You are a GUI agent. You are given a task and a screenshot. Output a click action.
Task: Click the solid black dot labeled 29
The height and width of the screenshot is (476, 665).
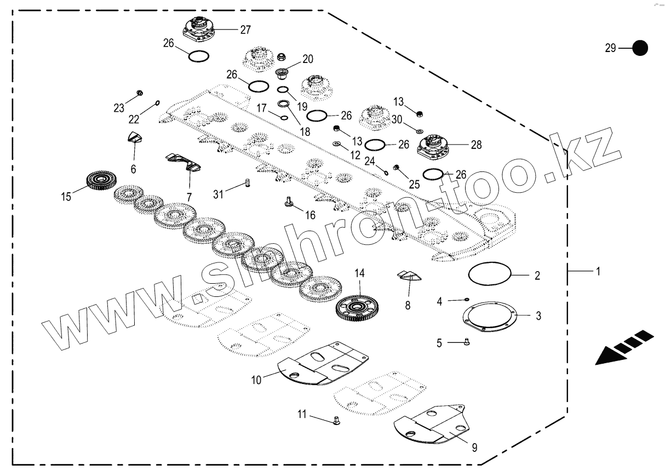tap(640, 48)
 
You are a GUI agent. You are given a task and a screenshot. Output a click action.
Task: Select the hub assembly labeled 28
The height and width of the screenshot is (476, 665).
tap(434, 145)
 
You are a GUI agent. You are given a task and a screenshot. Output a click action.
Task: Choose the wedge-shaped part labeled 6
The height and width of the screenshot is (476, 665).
tap(135, 137)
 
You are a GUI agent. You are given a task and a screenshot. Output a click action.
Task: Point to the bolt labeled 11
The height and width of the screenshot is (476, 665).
tap(336, 420)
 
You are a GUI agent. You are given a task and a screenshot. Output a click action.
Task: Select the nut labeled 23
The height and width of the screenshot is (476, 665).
tap(139, 93)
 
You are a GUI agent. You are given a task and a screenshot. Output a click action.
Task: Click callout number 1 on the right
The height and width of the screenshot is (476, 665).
tap(598, 271)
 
